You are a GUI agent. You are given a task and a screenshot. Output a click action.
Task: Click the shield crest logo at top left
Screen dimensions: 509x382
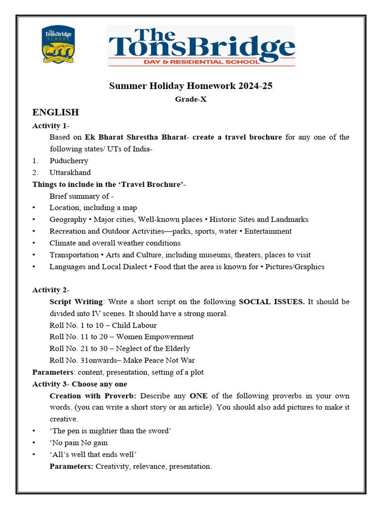pos(59,45)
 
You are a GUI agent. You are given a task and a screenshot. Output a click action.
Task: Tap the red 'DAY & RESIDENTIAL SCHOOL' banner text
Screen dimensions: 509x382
pos(200,62)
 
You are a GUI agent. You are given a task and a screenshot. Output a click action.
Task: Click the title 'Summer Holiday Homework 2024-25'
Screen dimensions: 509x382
pos(191,86)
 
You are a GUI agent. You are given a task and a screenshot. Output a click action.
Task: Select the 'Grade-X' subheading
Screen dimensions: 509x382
pos(191,99)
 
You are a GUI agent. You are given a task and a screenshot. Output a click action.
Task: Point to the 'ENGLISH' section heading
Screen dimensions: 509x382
pos(55,112)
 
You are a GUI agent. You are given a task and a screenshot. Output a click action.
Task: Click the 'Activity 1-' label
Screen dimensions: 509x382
pos(51,125)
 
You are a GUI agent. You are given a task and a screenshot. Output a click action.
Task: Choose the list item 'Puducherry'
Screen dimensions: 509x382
pos(69,161)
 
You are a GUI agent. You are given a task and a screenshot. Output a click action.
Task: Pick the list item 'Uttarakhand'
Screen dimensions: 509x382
pos(70,172)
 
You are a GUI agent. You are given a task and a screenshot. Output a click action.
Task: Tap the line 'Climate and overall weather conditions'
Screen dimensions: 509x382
pos(115,243)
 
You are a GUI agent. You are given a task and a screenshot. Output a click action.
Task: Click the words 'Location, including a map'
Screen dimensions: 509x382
pos(93,208)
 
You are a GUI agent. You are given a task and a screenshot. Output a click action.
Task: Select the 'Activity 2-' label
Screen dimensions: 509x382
pos(51,290)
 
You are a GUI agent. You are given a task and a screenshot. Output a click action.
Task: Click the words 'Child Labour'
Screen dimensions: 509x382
pos(134,325)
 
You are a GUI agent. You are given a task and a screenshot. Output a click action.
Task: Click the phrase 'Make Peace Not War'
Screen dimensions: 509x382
pos(159,360)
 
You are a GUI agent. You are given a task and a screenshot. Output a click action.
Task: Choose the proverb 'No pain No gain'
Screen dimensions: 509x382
pos(79,443)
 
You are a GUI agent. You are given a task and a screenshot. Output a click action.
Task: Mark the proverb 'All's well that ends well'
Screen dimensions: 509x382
pos(93,454)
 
